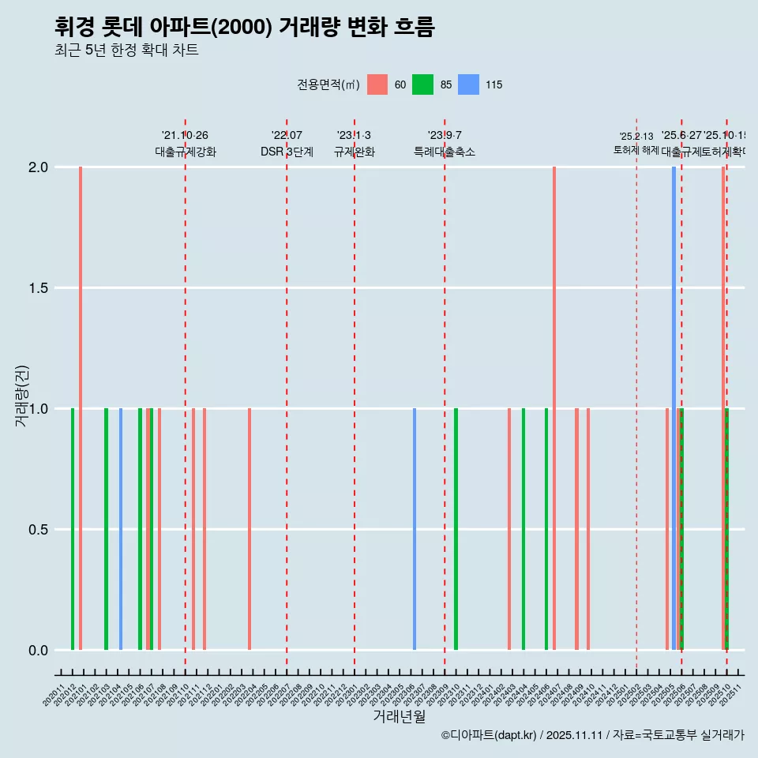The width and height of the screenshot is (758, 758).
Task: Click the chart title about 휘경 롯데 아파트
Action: click(245, 27)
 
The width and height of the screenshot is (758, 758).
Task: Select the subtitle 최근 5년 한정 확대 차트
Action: click(126, 51)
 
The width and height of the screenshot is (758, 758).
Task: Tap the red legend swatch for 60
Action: click(377, 84)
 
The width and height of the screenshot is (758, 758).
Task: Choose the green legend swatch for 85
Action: click(423, 84)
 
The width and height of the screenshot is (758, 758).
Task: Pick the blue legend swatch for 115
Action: click(469, 84)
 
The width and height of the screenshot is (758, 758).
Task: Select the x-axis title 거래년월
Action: click(399, 716)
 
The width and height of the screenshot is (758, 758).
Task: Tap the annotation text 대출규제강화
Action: click(186, 152)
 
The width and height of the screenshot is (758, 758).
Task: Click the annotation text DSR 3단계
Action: click(287, 152)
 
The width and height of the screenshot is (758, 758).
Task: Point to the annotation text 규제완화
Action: click(355, 152)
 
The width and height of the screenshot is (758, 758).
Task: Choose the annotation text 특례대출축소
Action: click(445, 152)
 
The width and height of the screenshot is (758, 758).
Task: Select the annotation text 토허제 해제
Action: click(636, 150)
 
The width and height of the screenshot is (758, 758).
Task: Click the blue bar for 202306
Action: click(415, 529)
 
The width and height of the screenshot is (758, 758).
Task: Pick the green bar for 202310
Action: click(456, 529)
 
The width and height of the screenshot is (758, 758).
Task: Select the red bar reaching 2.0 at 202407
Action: click(554, 395)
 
